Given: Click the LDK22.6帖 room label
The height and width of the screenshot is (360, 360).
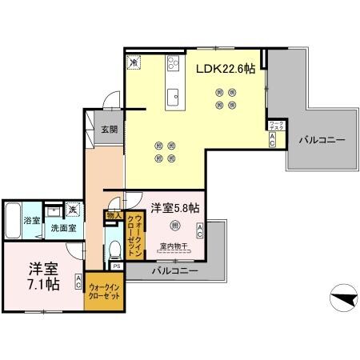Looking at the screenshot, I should click(226, 70).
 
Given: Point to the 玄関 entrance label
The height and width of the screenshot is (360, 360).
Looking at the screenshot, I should click(109, 130).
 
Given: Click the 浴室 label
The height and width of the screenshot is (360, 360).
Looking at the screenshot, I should click(31, 220).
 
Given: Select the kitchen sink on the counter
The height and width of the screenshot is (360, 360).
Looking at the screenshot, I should click(173, 97).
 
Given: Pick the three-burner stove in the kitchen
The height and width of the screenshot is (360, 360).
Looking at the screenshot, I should click(172, 65).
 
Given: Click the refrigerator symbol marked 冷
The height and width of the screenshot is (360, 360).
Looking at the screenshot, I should click(134, 60).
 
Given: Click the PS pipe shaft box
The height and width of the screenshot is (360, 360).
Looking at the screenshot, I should click(116, 266).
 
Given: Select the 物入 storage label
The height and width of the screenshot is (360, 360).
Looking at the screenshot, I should click(113, 215).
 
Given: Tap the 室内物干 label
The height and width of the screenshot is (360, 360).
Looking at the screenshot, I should click(173, 246).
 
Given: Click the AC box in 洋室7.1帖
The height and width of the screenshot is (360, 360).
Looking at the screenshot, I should click(78, 281).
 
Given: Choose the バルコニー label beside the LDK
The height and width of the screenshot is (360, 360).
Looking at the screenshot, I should click(322, 140).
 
